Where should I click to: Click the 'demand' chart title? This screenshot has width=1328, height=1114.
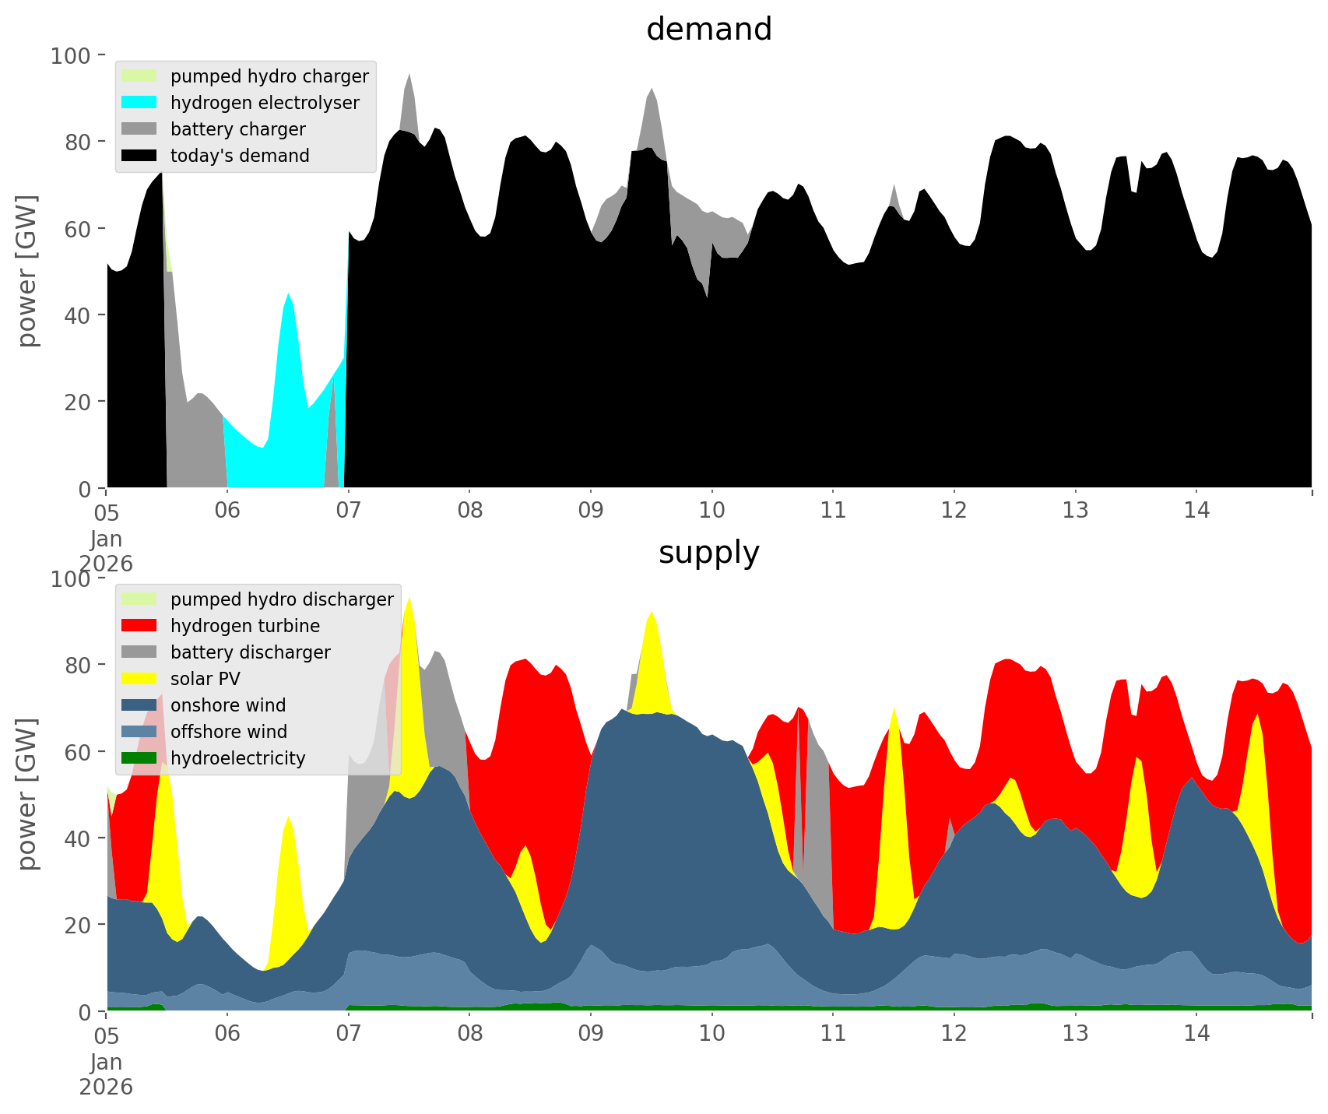click(708, 30)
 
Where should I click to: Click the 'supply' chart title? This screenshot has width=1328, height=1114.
click(708, 553)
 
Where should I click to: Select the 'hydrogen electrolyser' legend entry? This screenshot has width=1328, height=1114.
click(265, 103)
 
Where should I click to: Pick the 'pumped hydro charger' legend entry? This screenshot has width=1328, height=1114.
click(269, 76)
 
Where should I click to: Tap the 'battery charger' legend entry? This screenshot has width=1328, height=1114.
click(237, 129)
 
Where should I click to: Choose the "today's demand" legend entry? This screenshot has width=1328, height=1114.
click(240, 156)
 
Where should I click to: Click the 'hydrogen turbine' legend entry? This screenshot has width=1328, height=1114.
click(244, 626)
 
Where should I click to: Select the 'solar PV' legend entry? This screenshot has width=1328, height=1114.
click(205, 679)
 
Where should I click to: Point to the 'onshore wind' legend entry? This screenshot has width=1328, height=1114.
click(228, 705)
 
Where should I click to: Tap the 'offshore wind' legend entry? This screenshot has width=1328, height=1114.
click(229, 732)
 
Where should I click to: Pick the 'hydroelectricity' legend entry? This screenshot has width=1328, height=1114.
click(237, 758)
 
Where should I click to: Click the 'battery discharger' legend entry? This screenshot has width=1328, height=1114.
click(250, 652)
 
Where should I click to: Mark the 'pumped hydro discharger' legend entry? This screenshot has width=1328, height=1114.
click(282, 599)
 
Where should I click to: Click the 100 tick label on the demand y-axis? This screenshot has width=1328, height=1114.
click(72, 56)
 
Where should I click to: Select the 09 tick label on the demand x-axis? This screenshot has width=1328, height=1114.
click(591, 511)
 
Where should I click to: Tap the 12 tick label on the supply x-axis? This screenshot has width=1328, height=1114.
click(954, 1034)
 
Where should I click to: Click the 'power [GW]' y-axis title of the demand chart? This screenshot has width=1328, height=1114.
click(27, 271)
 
